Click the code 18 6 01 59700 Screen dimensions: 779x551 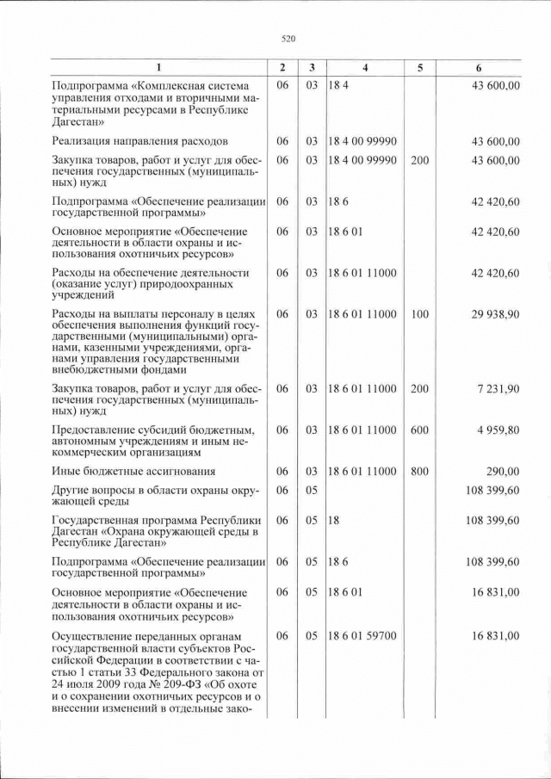coord(362,636)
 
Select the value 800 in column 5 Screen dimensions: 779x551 coord(419,471)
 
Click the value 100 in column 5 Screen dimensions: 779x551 coord(419,315)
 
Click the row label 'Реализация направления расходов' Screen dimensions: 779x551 coord(139,141)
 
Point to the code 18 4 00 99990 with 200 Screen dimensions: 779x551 coord(362,160)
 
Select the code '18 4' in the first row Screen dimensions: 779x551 coord(337,86)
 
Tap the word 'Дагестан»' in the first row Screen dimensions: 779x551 coord(78,122)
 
